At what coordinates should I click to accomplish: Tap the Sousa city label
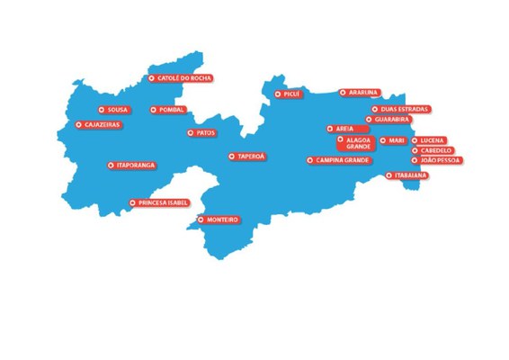click(114, 110)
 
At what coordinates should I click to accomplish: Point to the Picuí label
click(287, 93)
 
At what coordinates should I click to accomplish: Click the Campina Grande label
click(339, 160)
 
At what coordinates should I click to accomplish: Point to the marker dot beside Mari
click(383, 140)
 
